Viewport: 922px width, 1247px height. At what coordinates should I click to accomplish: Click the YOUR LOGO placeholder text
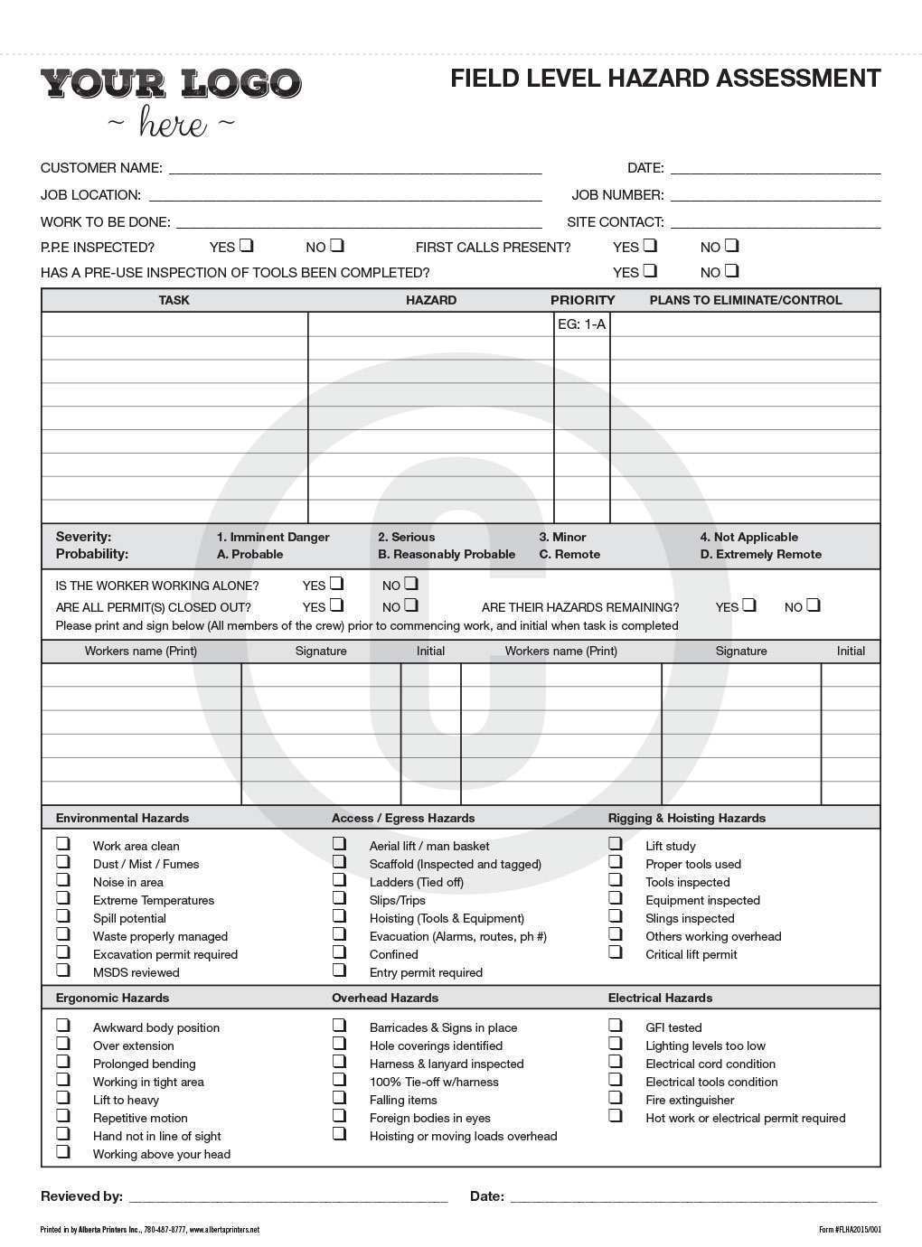(171, 84)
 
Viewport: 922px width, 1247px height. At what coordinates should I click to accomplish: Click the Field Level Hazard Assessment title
(665, 79)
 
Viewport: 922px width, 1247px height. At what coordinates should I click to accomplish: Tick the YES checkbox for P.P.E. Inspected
(247, 245)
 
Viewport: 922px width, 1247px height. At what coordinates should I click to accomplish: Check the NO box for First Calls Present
(731, 245)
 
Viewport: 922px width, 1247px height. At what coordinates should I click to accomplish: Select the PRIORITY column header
(582, 300)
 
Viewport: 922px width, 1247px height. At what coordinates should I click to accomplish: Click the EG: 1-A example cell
(581, 323)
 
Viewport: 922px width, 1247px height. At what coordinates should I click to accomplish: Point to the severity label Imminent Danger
(273, 537)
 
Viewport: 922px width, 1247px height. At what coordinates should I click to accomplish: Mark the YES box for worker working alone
(336, 584)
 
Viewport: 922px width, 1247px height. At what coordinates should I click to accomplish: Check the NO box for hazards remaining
(814, 605)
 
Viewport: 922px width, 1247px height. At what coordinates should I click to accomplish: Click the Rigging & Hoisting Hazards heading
(686, 818)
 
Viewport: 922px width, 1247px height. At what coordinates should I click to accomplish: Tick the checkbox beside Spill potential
(63, 916)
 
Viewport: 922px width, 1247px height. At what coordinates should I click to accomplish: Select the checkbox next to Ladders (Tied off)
(339, 880)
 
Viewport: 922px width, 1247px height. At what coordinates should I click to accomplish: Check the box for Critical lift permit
(616, 952)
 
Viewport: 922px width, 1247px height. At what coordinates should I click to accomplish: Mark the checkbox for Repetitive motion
(63, 1116)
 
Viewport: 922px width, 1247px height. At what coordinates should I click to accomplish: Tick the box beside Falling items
(339, 1098)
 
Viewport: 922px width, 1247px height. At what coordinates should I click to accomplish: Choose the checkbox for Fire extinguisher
(616, 1098)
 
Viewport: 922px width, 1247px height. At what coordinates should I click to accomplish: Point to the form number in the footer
(849, 1230)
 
